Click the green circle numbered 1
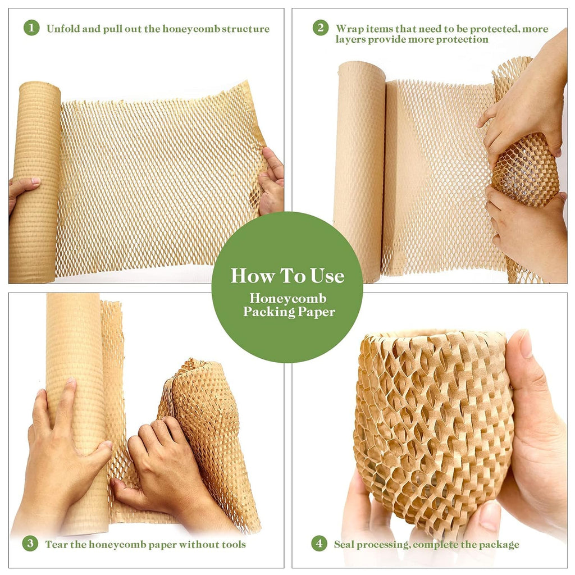pos(31,28)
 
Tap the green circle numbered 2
pos(321,28)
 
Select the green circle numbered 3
pos(30,543)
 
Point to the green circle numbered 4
pos(320,543)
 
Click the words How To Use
pos(287,276)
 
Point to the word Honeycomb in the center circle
pos(288,299)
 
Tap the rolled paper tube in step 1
pos(35,180)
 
